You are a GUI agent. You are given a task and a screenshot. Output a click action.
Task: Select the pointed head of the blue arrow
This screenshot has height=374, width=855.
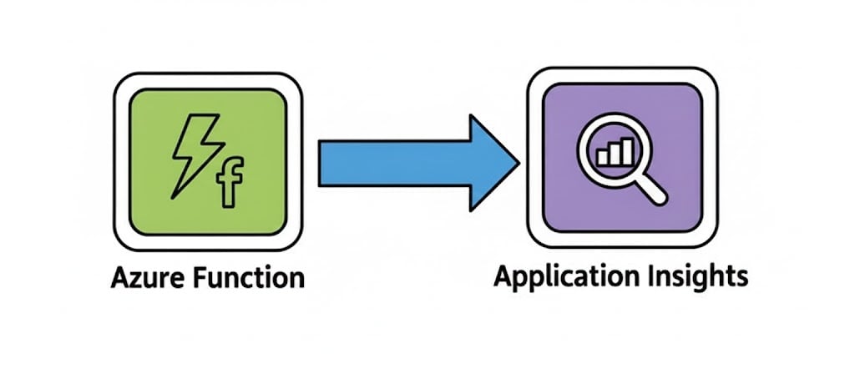[x=493, y=162]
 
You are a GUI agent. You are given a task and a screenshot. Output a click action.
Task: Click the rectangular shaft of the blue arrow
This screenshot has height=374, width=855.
[x=392, y=162]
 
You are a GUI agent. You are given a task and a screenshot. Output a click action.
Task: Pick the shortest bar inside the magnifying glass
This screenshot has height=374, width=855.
[x=603, y=156]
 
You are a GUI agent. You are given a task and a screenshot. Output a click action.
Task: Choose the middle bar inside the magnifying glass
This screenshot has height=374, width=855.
[x=615, y=154]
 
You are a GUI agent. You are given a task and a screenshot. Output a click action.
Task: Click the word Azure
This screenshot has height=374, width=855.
[x=143, y=277]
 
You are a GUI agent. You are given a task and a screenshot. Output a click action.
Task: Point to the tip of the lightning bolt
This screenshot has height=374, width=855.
[x=172, y=197]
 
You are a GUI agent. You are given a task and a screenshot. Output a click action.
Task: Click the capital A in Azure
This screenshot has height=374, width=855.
[x=118, y=277]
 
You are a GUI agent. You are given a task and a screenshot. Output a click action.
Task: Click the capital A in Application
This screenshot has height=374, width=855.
[x=502, y=275]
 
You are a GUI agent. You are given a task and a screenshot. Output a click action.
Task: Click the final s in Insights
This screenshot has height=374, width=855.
[x=741, y=277]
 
